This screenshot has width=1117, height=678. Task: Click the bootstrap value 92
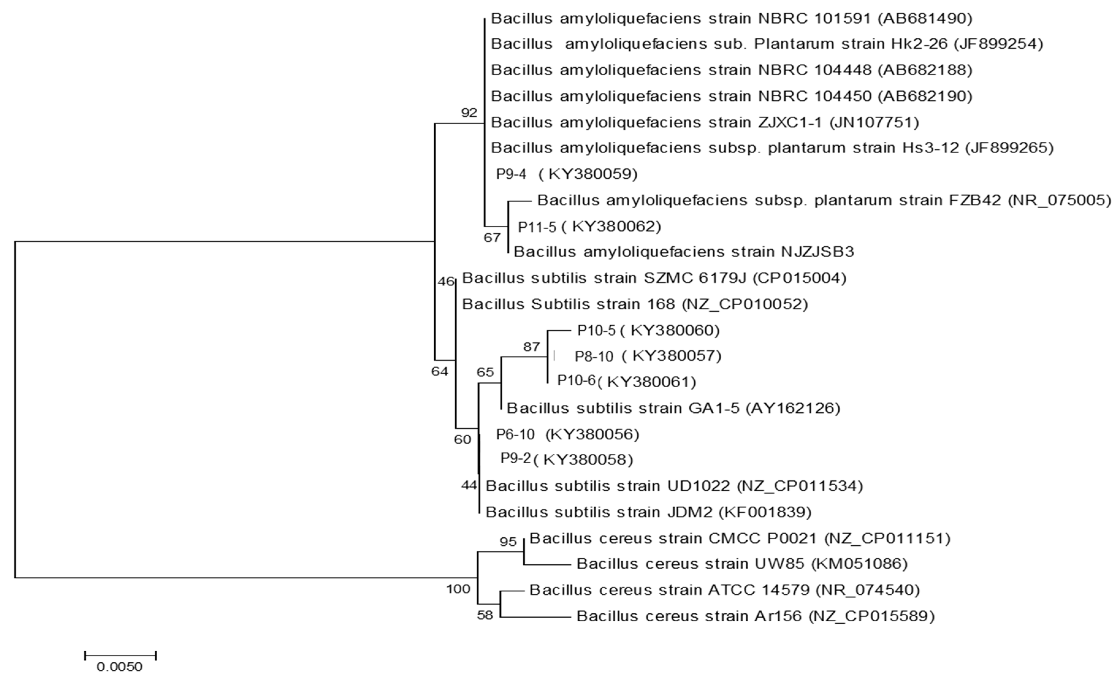click(469, 113)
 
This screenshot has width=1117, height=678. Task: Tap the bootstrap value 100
click(458, 589)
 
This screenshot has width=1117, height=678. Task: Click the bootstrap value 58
click(485, 616)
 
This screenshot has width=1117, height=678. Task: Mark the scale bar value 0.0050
click(120, 667)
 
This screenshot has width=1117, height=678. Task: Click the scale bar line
click(120, 655)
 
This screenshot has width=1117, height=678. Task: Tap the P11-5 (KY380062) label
click(589, 227)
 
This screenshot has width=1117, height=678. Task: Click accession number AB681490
click(925, 19)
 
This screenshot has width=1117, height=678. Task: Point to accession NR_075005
click(1059, 200)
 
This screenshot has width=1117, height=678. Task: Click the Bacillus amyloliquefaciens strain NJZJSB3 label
click(684, 252)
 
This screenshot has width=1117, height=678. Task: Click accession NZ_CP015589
click(872, 616)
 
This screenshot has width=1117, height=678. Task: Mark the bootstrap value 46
click(446, 282)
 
